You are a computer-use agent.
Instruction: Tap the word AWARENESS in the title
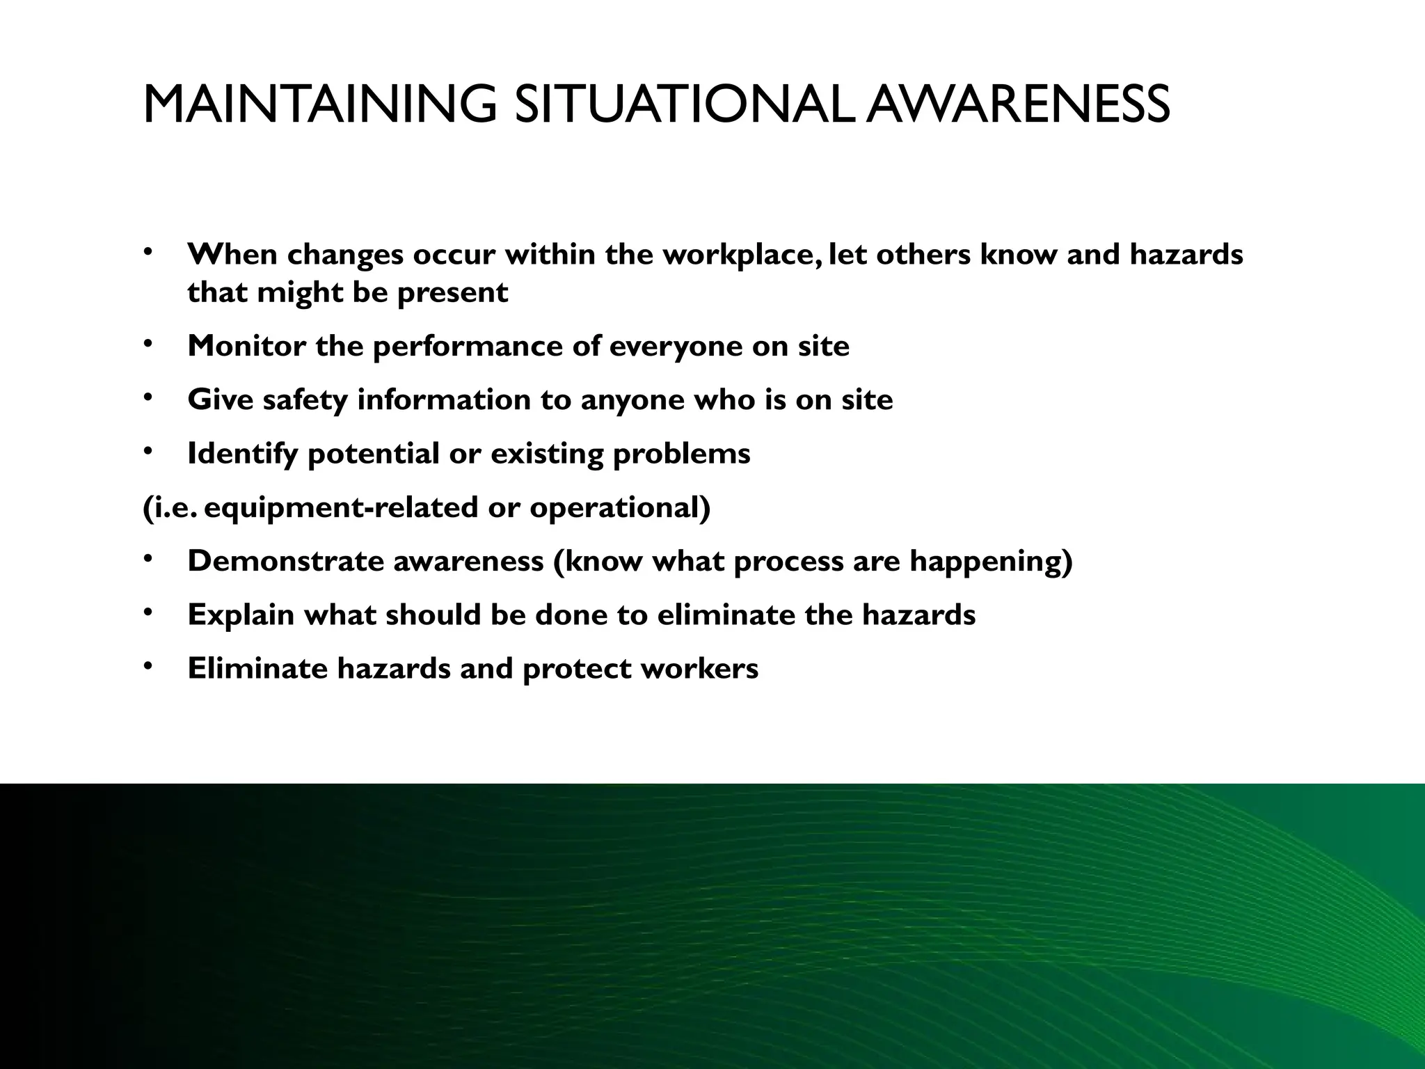[1019, 104]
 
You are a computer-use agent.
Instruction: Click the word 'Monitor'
[246, 346]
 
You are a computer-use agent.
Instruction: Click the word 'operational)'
[620, 508]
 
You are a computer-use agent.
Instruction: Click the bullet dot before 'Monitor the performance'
[148, 344]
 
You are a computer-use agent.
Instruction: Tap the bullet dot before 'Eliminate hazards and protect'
[148, 667]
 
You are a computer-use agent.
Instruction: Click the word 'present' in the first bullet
[452, 293]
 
